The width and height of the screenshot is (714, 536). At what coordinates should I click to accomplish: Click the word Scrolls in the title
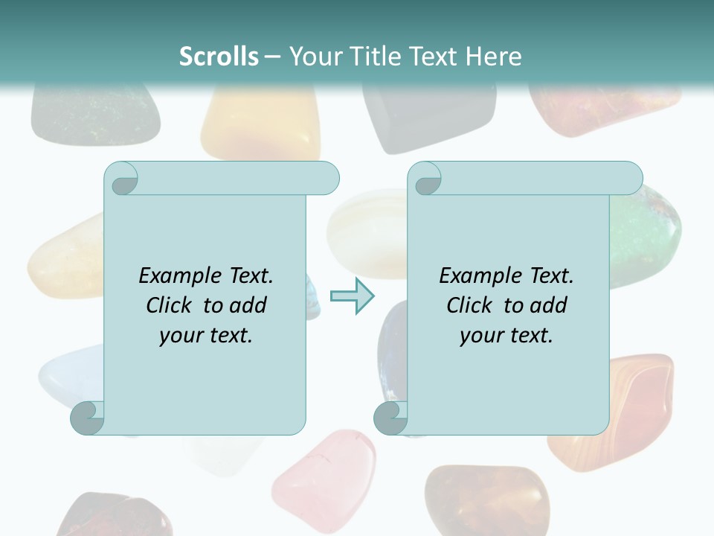point(219,57)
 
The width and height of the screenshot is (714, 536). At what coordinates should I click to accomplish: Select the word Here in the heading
point(494,57)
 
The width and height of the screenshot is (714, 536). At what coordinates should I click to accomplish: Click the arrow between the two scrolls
point(352,296)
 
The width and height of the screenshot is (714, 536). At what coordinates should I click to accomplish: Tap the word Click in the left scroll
point(170,305)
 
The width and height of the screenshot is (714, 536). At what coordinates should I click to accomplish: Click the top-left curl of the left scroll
point(121,179)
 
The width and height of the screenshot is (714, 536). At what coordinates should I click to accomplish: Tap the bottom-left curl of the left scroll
point(87,418)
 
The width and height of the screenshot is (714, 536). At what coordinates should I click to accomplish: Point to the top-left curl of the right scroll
point(425,179)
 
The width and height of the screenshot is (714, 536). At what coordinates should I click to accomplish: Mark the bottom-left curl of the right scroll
point(390,418)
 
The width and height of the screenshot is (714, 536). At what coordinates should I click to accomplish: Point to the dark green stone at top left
point(94,112)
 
